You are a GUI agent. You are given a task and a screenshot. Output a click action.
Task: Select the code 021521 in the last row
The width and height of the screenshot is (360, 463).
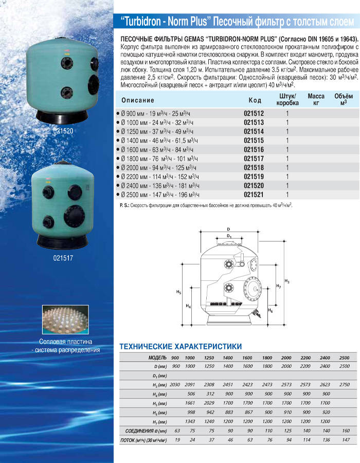(x=253, y=195)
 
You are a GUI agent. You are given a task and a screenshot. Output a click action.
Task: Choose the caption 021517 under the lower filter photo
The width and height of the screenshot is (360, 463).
(x=63, y=257)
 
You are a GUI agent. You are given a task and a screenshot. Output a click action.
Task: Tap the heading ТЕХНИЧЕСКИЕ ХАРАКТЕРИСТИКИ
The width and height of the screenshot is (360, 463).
(x=180, y=346)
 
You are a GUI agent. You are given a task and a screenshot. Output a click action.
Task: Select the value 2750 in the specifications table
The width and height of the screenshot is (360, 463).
(x=344, y=384)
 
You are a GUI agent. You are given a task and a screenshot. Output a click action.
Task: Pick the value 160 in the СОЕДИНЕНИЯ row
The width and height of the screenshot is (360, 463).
(x=344, y=430)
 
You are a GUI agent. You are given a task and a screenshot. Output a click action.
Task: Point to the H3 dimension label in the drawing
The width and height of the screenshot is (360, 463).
(x=287, y=281)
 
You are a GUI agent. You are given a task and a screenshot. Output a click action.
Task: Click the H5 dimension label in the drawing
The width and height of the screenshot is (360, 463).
(x=178, y=292)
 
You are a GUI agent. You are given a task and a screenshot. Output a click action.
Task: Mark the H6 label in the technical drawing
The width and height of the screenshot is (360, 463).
(x=271, y=311)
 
